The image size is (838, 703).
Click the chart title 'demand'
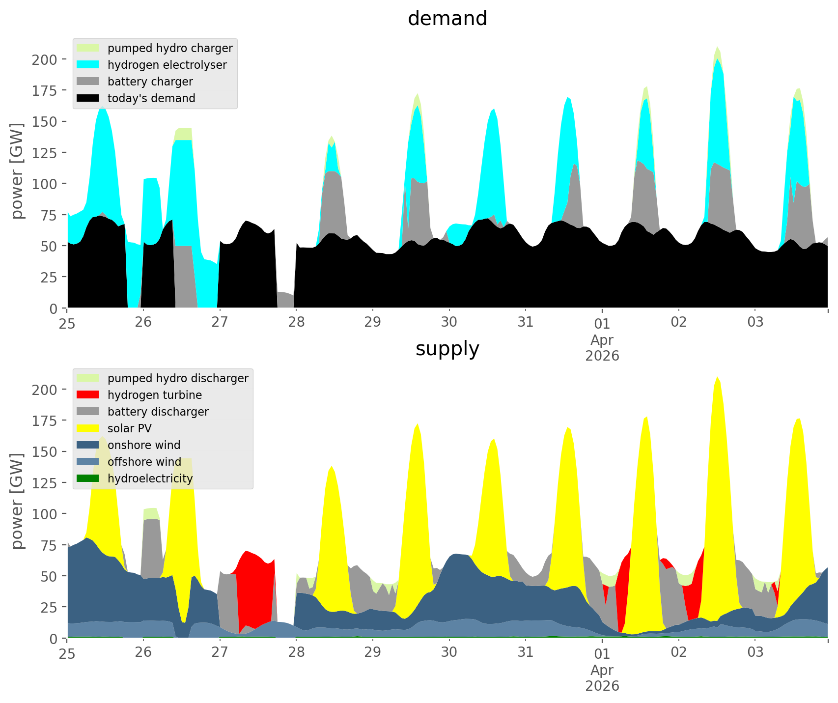click(x=447, y=19)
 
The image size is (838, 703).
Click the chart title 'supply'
click(x=447, y=349)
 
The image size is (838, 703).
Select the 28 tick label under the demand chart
click(x=296, y=322)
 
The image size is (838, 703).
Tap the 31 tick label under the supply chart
click(x=526, y=652)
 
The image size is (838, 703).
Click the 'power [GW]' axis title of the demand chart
click(x=17, y=171)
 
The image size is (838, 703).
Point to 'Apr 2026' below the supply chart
click(x=602, y=677)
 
